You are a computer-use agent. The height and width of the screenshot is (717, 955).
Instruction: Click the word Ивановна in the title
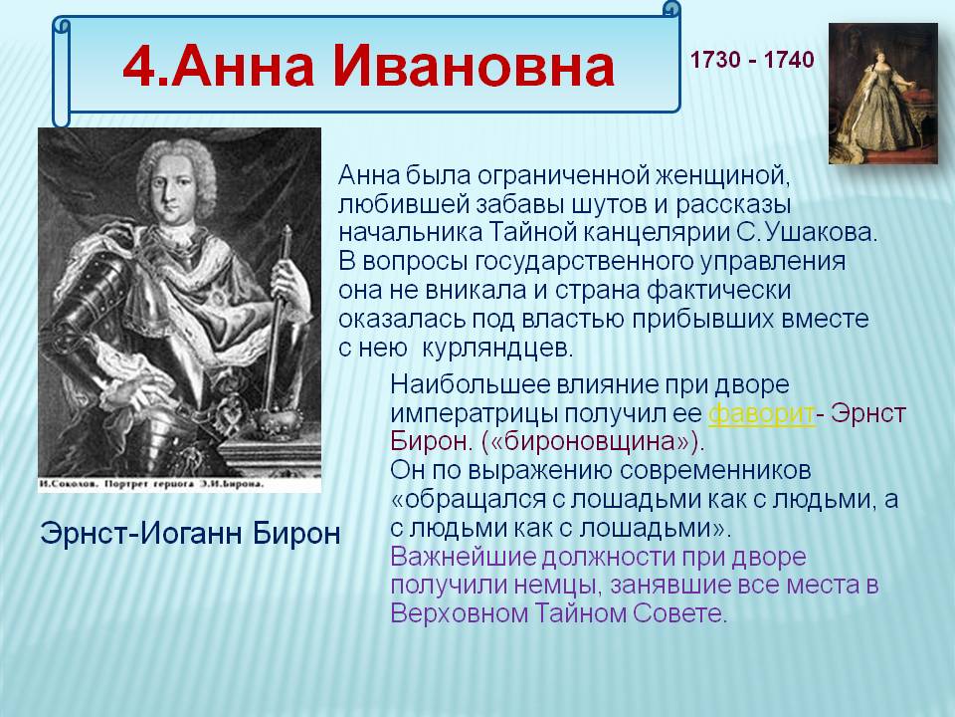point(473,66)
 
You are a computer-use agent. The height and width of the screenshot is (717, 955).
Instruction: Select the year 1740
point(789,60)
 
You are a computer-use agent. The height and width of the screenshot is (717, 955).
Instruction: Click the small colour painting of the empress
point(883,94)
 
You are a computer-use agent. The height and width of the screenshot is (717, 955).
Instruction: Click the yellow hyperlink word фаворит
point(761,413)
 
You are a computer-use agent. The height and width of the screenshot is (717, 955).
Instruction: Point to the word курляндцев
point(497,348)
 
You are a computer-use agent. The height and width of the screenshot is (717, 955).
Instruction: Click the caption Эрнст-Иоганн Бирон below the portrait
point(190,534)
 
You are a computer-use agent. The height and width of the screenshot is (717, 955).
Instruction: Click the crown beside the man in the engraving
point(278,416)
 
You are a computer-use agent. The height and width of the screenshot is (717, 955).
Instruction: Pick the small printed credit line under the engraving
point(150,485)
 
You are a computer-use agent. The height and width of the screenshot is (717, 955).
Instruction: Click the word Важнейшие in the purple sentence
point(464,557)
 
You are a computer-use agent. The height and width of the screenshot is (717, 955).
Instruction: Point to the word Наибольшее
point(468,384)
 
